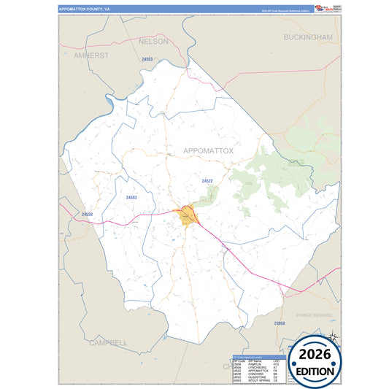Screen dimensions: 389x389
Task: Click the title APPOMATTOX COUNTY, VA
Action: point(85,9)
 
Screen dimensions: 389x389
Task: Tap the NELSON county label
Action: point(153,42)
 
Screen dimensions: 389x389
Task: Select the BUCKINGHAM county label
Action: point(308,36)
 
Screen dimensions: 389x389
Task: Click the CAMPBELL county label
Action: point(108,342)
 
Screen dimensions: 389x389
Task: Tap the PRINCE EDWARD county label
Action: point(314,315)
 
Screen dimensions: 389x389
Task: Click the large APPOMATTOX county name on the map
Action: point(208,150)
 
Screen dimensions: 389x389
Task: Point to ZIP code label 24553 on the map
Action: point(147,58)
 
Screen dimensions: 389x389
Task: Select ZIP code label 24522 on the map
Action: point(207,180)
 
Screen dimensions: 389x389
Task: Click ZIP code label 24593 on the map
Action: point(131,197)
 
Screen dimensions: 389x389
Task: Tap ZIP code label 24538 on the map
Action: point(88,214)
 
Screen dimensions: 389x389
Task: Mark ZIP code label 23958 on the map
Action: point(280,323)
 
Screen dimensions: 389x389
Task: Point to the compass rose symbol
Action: point(333,336)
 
